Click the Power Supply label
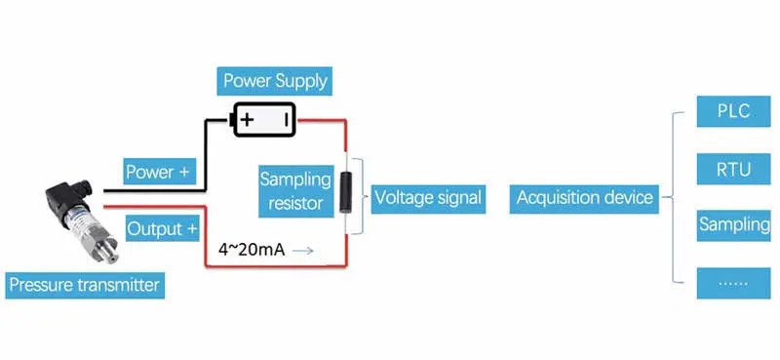(x=275, y=80)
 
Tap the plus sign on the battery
(x=248, y=120)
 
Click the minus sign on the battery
(x=287, y=120)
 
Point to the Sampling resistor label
(x=295, y=191)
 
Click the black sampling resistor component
(x=346, y=191)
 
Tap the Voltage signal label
(x=428, y=197)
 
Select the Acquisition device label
(x=585, y=197)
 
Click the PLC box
(x=733, y=111)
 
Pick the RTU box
(x=733, y=169)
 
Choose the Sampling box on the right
(x=733, y=225)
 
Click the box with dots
(x=733, y=283)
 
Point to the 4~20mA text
(x=252, y=250)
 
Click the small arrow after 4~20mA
(x=303, y=251)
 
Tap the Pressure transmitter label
(x=84, y=286)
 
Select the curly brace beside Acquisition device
(x=674, y=197)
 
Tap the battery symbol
(x=262, y=120)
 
